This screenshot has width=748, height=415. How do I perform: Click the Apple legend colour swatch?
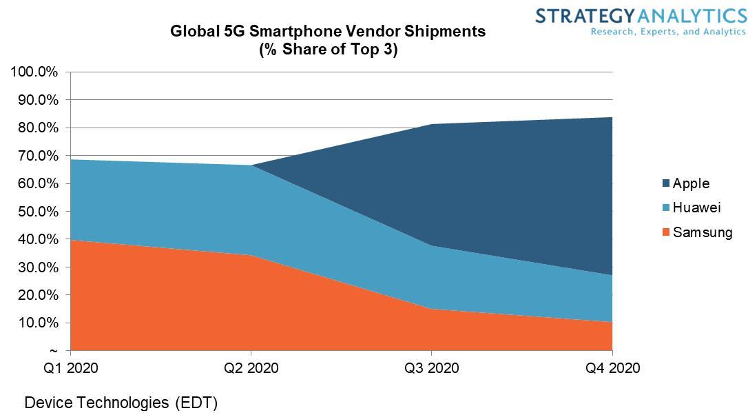tap(665, 183)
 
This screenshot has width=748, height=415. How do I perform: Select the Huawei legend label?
tap(697, 207)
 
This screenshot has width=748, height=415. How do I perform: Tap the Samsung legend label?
tap(703, 232)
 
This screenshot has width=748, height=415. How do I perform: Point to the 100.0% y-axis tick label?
tap(33, 72)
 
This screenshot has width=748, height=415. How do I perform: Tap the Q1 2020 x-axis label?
tap(70, 368)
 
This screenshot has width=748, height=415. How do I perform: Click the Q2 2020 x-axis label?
tap(251, 368)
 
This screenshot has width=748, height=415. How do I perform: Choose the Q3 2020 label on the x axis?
tap(432, 368)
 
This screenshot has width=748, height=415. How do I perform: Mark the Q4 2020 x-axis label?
tap(612, 368)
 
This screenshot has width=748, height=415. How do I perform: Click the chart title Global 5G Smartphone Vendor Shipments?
tap(328, 32)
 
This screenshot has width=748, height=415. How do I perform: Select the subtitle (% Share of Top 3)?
tap(328, 50)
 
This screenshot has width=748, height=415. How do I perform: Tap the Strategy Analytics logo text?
tap(641, 16)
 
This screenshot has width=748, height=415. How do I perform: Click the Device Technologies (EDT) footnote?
tap(121, 403)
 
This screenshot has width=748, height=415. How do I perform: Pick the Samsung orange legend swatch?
tap(665, 232)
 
